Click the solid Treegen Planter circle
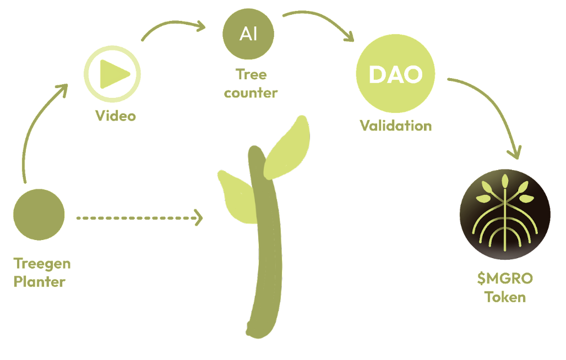[x=39, y=215]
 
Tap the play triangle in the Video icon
[x=114, y=74]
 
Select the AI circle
[x=248, y=34]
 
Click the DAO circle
[x=396, y=74]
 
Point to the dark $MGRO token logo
[x=505, y=214]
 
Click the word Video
[x=116, y=116]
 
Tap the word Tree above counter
[x=251, y=75]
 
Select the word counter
[x=251, y=93]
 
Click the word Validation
[x=396, y=126]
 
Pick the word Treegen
[x=42, y=264]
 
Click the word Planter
[x=39, y=282]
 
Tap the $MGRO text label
[x=505, y=279]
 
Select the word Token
[x=505, y=297]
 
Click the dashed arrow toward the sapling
[x=139, y=218]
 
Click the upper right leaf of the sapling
[x=287, y=147]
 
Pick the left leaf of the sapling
[x=237, y=198]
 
